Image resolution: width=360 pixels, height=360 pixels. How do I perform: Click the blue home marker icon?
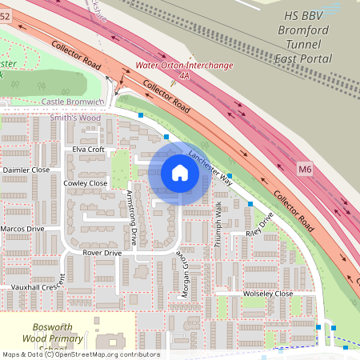click(x=179, y=173)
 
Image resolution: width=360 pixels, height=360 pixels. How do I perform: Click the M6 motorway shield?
click(x=305, y=169)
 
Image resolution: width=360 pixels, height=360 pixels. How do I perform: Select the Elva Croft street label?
click(x=88, y=150)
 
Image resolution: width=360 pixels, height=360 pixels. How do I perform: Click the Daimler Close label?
click(x=26, y=170)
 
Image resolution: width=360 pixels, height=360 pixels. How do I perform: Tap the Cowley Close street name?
click(x=85, y=183)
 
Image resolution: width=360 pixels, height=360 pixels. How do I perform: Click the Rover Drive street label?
click(x=102, y=253)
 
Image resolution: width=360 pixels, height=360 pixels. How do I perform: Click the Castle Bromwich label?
click(x=74, y=102)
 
